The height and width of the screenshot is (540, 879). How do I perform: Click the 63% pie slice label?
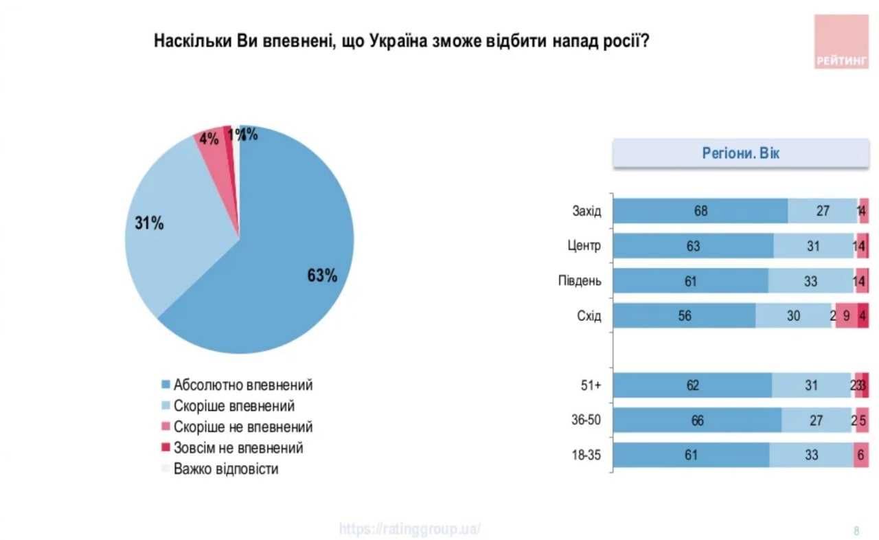point(322,275)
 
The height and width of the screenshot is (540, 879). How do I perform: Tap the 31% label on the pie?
point(149,223)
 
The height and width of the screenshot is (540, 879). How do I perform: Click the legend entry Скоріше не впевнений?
point(243,427)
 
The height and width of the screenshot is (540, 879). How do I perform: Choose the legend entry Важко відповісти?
point(226,470)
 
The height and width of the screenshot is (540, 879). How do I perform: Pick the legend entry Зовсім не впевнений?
point(238,448)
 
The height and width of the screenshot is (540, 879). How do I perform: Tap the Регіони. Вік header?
point(740,153)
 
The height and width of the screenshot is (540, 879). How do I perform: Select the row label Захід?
point(586,211)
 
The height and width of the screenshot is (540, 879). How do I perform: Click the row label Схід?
point(589,316)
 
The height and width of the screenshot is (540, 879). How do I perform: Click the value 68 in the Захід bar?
point(700,211)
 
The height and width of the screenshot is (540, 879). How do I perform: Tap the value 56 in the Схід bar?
point(684,316)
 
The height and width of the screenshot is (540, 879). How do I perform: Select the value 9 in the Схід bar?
point(846,316)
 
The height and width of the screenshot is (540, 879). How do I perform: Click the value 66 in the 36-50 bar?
point(697,420)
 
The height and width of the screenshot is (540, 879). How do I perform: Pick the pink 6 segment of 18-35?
point(861,455)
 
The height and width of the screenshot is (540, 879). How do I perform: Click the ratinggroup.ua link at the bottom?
point(410,529)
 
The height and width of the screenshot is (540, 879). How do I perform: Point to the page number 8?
point(856,530)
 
